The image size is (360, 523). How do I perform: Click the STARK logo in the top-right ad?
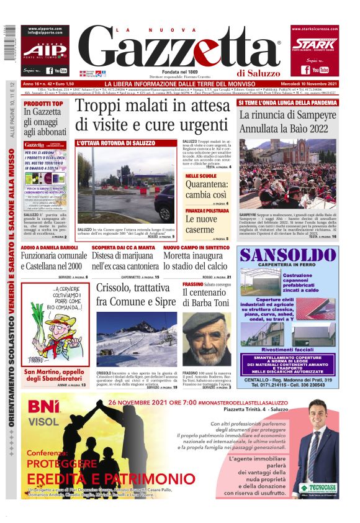coord(315,44)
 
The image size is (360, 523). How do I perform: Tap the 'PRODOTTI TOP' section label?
coord(43,103)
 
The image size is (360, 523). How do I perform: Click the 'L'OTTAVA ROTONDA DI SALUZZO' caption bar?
coord(127,143)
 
